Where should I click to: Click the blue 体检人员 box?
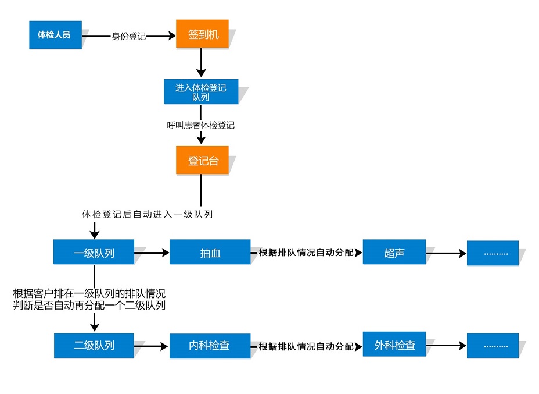55,35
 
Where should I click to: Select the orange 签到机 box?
202,34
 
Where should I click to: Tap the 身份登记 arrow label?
128,36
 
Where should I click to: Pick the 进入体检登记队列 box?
201,92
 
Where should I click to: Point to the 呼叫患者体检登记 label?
201,125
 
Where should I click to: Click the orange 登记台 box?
202,161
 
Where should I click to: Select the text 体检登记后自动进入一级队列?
148,214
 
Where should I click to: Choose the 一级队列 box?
94,253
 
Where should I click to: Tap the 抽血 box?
210,253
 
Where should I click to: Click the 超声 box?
394,253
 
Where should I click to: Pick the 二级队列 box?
94,346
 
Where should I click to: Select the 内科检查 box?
210,346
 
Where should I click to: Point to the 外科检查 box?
394,345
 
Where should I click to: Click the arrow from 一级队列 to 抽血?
152,253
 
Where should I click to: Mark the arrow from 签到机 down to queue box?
201,63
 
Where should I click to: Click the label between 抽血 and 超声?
306,253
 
